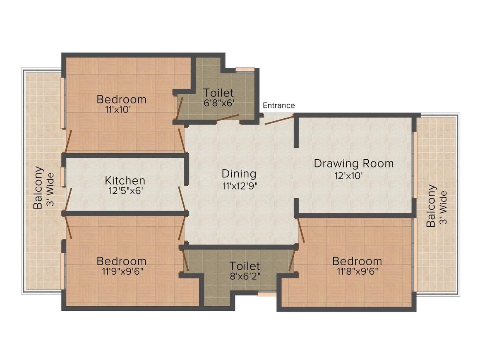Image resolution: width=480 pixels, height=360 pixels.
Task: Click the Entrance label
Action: coord(279,105)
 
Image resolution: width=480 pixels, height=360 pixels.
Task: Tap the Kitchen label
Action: coord(125,180)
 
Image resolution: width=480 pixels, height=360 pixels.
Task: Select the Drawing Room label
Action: coord(354,163)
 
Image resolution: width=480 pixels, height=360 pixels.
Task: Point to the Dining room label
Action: coord(239,174)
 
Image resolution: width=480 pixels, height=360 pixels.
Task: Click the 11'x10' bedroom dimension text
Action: coord(118,110)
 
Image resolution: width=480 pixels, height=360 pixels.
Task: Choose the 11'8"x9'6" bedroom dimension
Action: coord(358,271)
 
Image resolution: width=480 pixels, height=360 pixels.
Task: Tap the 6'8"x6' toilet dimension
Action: coord(219,103)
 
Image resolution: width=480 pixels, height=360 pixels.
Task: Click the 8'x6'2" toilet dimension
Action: coord(245,276)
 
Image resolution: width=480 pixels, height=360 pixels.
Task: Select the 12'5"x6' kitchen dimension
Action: coord(126,191)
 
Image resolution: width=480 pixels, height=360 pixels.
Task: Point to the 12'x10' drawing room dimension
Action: coord(349,176)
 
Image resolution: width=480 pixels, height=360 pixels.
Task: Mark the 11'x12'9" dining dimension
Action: coord(240,186)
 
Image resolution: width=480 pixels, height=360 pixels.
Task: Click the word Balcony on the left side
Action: coord(38,187)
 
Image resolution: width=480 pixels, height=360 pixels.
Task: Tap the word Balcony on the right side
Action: coord(431,206)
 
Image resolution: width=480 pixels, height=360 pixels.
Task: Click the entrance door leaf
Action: coord(279,120)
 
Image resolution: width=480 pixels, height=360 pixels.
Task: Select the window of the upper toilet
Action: coord(245,70)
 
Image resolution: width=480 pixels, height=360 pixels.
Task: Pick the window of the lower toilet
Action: coord(267,294)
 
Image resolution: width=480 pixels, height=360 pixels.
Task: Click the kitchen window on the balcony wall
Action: coord(63,177)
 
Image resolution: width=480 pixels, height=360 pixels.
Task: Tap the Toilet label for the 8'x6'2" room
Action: coord(245,266)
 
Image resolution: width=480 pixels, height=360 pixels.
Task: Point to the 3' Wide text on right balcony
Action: coord(443,208)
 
